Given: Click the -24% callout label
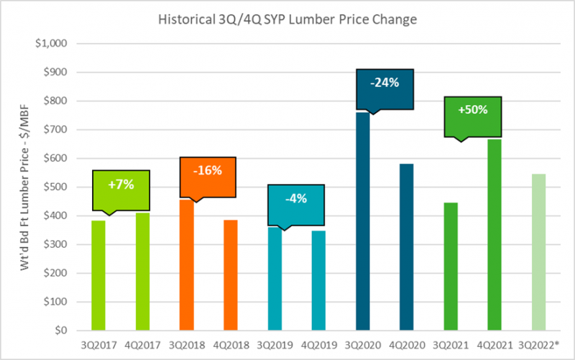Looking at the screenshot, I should pyautogui.click(x=385, y=83).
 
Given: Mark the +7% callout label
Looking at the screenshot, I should pyautogui.click(x=120, y=185).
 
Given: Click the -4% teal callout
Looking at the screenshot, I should pyautogui.click(x=295, y=199).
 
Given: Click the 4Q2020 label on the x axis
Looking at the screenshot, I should pyautogui.click(x=406, y=343).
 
